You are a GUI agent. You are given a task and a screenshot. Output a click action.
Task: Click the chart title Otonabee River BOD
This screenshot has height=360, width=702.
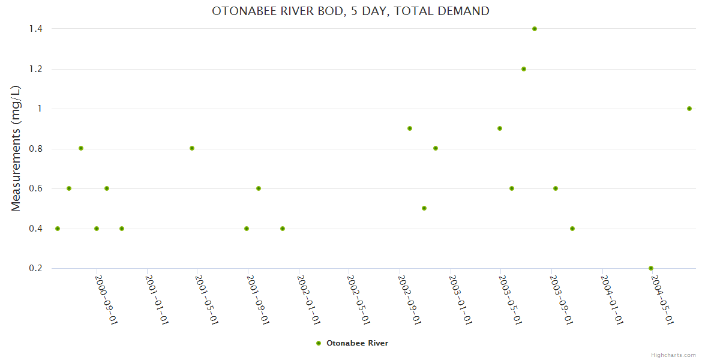tap(350, 11)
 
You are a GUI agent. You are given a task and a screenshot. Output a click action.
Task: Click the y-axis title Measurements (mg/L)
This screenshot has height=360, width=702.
tap(16, 148)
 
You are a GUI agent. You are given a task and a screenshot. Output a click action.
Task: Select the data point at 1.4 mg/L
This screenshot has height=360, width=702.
tap(535, 29)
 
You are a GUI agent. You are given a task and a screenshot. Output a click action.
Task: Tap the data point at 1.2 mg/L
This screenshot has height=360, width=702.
tap(524, 69)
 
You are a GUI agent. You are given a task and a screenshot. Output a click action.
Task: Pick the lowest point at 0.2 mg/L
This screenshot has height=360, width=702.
tap(651, 268)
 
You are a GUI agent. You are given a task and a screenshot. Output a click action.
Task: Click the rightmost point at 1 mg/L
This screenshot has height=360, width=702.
tap(689, 109)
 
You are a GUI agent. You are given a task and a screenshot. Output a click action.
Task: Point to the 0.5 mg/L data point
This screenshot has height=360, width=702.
tap(424, 208)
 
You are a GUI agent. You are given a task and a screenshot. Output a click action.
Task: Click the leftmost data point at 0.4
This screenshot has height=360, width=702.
tap(58, 229)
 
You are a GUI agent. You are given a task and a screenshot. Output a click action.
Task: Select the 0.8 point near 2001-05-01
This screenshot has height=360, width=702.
tap(192, 148)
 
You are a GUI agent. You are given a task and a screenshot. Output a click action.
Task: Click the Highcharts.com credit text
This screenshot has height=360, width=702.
tap(673, 355)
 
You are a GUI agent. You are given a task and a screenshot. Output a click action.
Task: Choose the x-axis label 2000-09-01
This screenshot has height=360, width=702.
tap(106, 299)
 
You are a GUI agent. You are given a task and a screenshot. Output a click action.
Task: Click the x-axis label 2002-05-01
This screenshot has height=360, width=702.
tap(358, 299)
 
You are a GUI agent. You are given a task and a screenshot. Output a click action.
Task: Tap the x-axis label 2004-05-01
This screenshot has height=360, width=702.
tap(661, 299)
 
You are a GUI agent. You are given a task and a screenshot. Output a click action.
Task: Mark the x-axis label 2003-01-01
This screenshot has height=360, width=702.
tap(459, 299)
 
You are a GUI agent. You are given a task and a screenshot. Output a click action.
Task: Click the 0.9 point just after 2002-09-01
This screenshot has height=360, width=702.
tap(410, 128)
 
